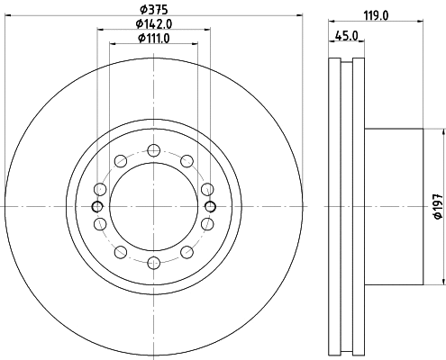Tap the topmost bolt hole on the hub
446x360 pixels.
coord(153,150)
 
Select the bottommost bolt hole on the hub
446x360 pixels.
coord(153,263)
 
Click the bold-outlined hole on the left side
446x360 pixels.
coord(97,207)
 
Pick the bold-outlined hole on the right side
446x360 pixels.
coord(210,207)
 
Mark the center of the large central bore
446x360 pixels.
coord(153,207)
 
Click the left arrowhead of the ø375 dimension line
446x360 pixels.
coord(9,18)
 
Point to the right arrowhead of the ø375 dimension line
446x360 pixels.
coord(298,18)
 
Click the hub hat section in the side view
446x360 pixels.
coord(392,207)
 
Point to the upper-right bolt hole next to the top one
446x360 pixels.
coord(187,160)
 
